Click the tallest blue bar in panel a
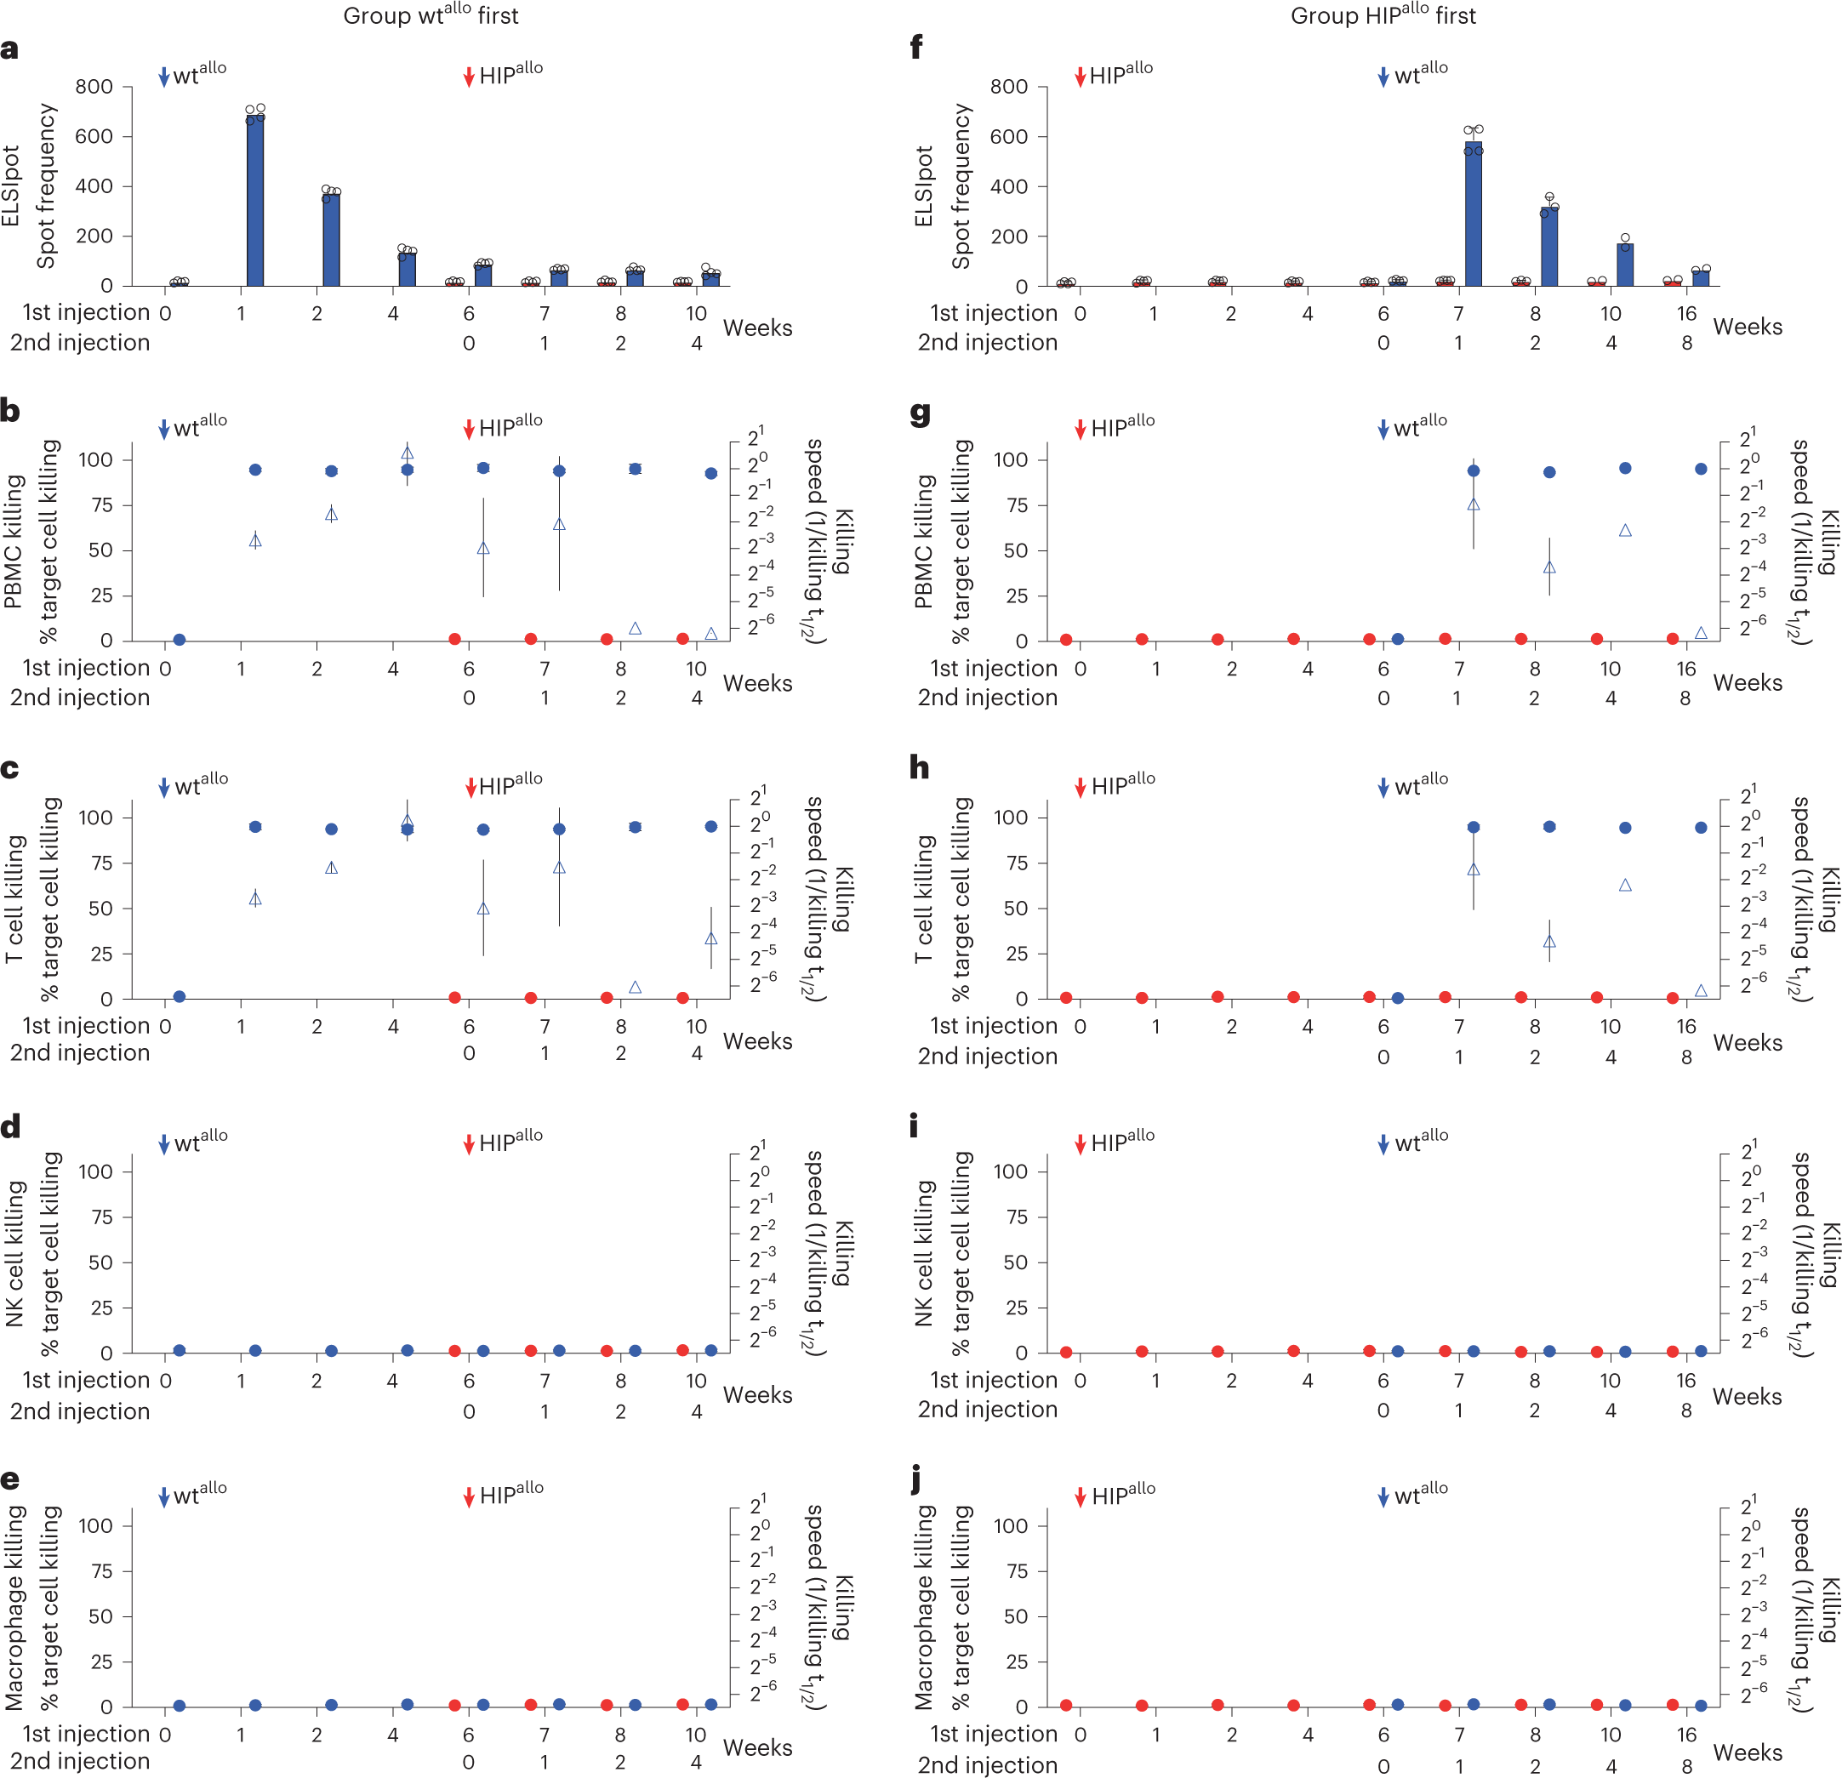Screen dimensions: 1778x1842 pos(254,200)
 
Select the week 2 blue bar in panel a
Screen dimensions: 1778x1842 pos(331,240)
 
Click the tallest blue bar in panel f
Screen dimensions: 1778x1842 pos(1473,214)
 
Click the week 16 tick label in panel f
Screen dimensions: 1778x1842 pos(1686,313)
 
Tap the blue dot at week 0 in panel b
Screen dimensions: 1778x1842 pos(180,640)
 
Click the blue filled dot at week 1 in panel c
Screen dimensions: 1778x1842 pos(254,827)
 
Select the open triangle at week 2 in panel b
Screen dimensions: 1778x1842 pos(331,514)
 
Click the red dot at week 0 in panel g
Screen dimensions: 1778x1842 pos(1066,640)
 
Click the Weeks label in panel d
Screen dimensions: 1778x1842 pos(756,1394)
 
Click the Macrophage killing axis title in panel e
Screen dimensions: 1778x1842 pos(13,1607)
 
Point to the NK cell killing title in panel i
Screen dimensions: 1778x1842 pos(924,1252)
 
